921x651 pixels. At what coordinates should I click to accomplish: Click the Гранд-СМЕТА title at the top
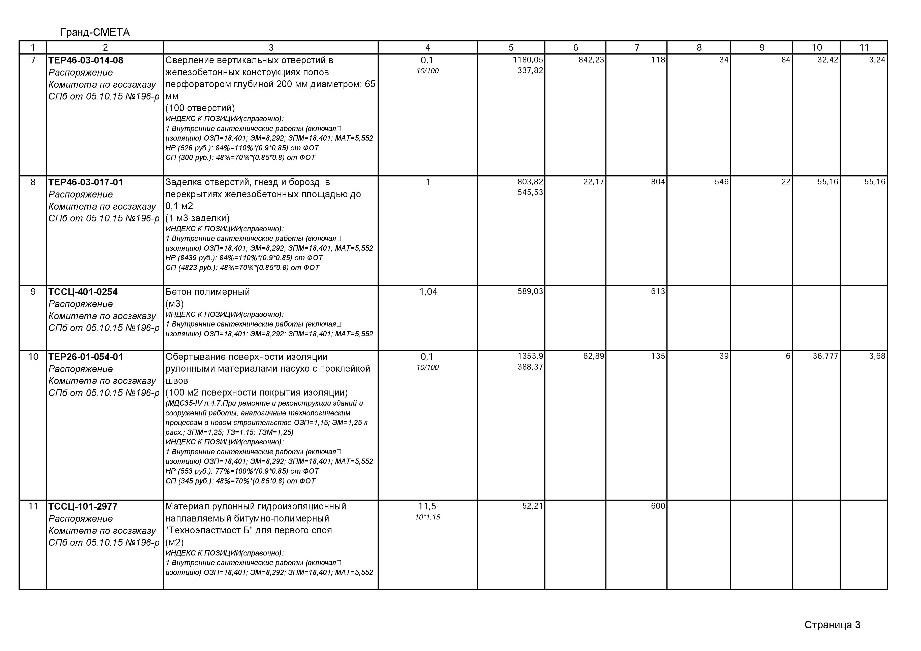95,32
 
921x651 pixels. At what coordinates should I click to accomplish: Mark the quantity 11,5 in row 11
427,506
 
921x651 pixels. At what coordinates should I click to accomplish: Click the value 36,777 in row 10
825,356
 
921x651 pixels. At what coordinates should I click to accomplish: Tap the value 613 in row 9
658,291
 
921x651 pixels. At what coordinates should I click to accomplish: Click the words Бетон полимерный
207,292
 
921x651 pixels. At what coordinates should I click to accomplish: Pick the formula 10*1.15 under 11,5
427,517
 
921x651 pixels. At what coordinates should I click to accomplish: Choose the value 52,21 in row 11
532,506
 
